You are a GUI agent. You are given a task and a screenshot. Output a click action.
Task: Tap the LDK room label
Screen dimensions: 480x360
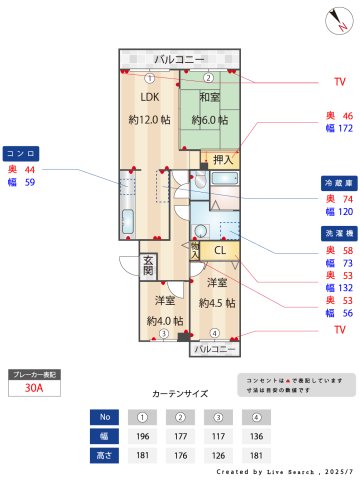tap(150, 98)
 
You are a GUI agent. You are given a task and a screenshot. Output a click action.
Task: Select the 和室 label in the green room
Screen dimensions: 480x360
tap(210, 97)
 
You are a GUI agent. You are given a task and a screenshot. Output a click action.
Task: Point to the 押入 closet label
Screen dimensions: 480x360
tap(224, 159)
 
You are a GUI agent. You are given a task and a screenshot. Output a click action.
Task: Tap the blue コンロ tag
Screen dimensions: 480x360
tap(21, 154)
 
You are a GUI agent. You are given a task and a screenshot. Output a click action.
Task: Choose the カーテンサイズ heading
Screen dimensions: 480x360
tap(179, 394)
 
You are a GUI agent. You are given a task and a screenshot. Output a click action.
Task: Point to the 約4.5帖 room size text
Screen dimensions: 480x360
tap(216, 303)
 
